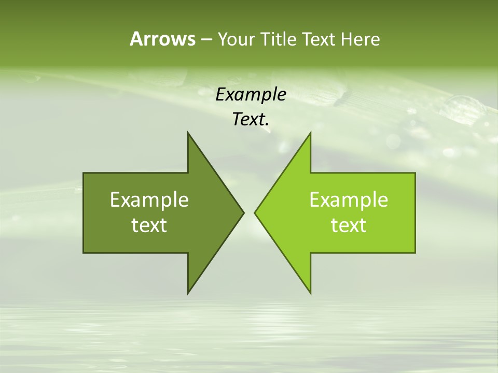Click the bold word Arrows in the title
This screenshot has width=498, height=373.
click(162, 39)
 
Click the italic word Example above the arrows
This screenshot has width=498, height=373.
click(251, 94)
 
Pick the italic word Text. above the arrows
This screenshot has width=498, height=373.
click(251, 120)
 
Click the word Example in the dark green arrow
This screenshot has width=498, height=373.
click(149, 199)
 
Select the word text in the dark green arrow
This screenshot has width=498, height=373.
click(149, 225)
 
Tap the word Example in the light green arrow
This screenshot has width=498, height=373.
click(349, 199)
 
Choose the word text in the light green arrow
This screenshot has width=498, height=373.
click(349, 225)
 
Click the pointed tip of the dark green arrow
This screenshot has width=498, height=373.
click(243, 212)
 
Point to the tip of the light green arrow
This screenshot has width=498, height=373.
click(255, 212)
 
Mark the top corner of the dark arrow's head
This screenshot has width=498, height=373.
click(188, 133)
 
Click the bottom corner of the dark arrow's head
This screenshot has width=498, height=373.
click(188, 293)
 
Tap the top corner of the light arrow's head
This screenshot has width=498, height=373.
click(310, 133)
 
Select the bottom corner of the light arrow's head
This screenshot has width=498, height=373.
click(310, 293)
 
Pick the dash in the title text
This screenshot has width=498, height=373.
click(205, 39)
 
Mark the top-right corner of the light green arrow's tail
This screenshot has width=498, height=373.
click(415, 173)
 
